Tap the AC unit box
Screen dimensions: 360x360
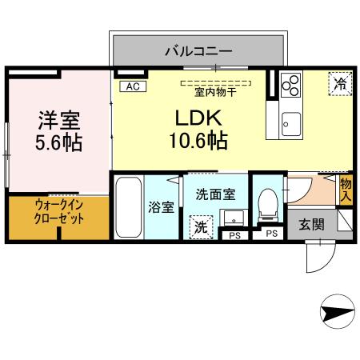pos(131,85)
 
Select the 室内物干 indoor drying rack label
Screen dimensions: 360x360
pos(215,90)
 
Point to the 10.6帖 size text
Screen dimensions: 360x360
pos(198,142)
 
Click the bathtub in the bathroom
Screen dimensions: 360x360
pos(128,207)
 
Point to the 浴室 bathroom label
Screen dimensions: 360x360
pos(161,207)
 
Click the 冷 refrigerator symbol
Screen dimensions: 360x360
pos(338,82)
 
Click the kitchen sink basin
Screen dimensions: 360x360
pos(290,124)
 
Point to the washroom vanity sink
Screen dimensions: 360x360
pos(234,218)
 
